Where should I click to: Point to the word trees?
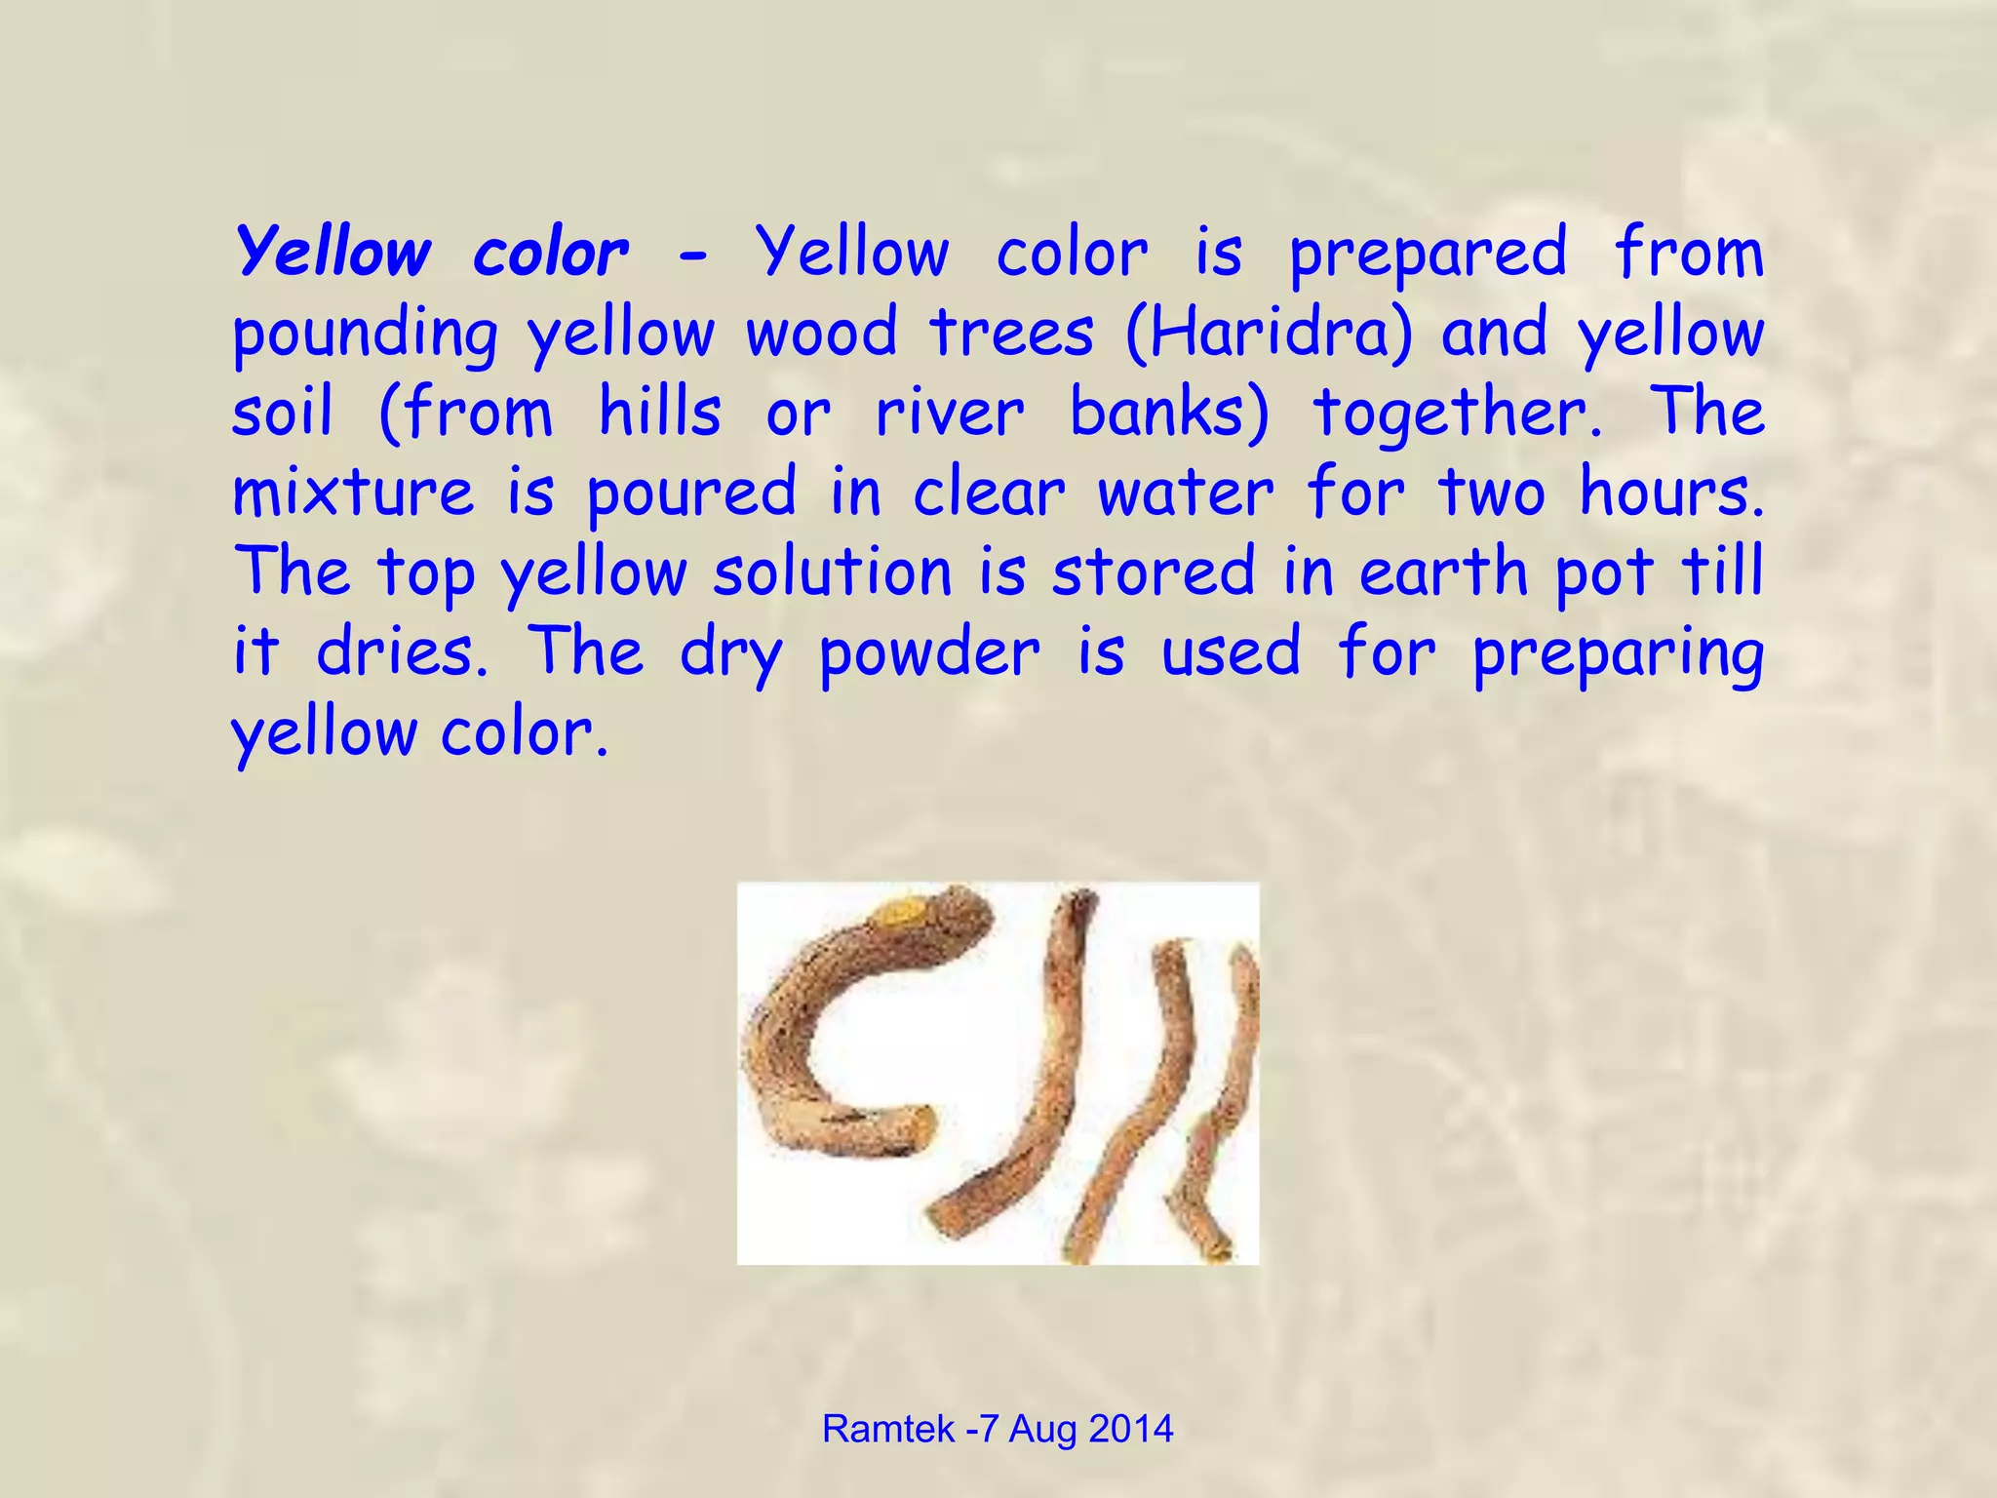1011,334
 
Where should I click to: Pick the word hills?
659,413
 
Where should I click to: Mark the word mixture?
353,493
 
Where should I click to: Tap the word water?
1186,493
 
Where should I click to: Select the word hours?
1671,493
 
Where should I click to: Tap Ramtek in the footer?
887,1430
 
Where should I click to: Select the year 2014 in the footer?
1130,1430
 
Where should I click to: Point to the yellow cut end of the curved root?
899,914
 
